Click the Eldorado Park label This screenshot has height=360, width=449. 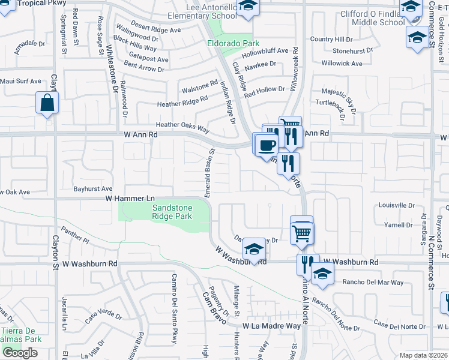[234, 43]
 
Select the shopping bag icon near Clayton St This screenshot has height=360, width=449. [47, 103]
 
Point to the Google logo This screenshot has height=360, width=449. [20, 353]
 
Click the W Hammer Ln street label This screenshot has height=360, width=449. [130, 198]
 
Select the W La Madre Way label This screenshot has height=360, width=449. [271, 326]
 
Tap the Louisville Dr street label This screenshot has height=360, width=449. [397, 205]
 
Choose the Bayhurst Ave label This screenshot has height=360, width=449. [93, 188]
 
